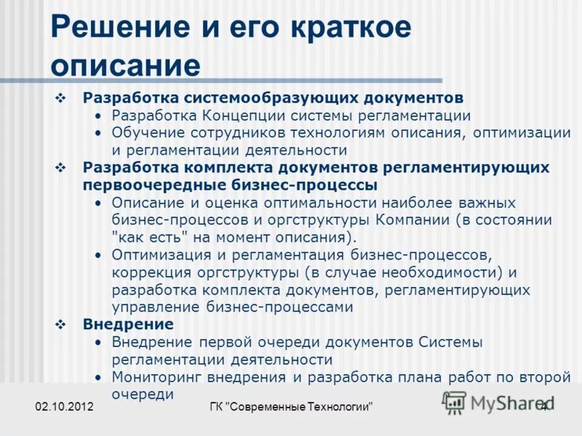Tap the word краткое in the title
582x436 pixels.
pyautogui.click(x=351, y=27)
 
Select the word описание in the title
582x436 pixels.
pyautogui.click(x=125, y=65)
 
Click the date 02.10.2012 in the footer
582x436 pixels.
pyautogui.click(x=64, y=408)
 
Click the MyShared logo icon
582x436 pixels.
pyautogui.click(x=454, y=403)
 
